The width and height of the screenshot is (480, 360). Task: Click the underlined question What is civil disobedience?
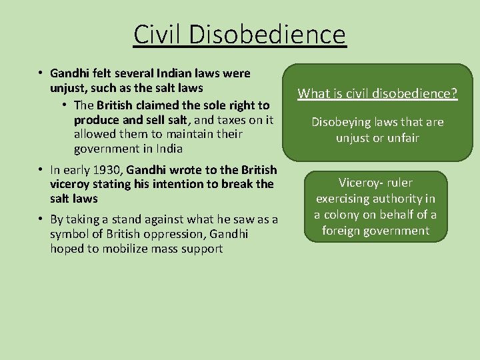pos(377,93)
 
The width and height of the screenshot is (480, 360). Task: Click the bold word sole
pos(201,105)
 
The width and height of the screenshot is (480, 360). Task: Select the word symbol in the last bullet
pos(69,234)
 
